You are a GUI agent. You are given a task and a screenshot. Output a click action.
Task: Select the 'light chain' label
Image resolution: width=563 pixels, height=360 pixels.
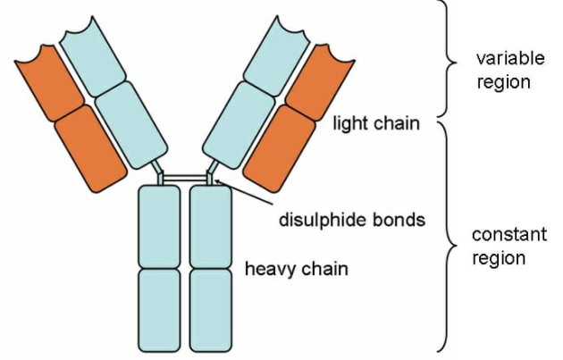(375, 123)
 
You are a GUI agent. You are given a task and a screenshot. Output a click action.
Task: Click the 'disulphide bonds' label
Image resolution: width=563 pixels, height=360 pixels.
(352, 219)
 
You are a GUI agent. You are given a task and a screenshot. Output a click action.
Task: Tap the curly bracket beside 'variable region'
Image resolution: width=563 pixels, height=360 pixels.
(447, 58)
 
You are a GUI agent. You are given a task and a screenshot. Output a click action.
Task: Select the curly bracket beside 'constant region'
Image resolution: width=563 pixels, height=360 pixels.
(447, 237)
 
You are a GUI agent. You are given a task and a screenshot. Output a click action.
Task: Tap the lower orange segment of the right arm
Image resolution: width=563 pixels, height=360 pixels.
(277, 147)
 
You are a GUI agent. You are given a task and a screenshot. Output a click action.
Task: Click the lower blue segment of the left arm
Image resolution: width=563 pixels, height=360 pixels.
(131, 124)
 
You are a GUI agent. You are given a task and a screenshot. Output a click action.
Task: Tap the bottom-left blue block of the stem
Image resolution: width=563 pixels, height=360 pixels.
(160, 308)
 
